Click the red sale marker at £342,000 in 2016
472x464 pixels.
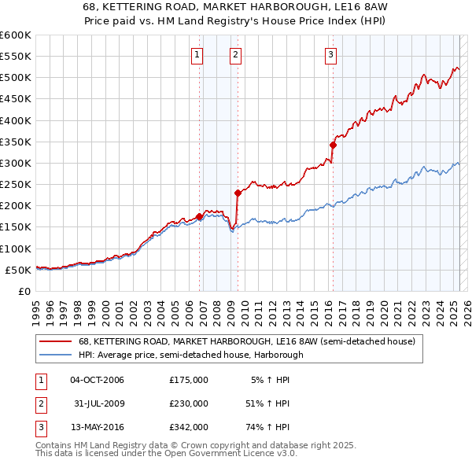tap(333, 145)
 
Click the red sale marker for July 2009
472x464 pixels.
tap(238, 192)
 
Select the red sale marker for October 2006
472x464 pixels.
tap(199, 215)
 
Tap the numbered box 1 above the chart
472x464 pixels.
tap(196, 54)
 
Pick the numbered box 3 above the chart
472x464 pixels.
tap(330, 54)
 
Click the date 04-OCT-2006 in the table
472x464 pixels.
tap(97, 380)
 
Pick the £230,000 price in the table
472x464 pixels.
tap(189, 403)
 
